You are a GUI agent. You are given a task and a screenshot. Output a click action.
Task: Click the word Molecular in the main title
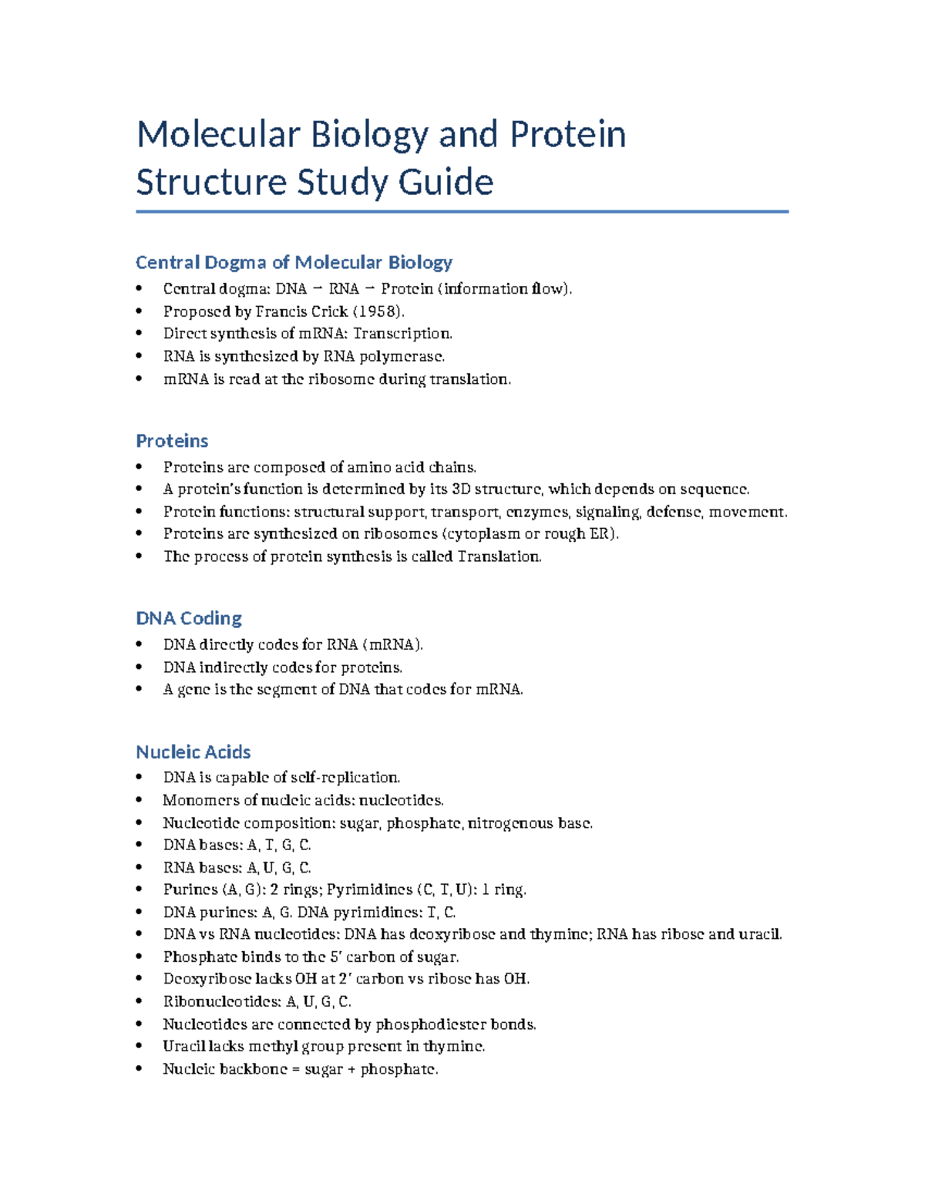point(217,135)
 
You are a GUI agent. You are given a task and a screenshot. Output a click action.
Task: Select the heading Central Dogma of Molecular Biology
point(294,263)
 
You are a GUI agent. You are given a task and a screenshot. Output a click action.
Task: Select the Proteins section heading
point(172,441)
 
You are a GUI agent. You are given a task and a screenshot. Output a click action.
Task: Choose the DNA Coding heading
point(189,618)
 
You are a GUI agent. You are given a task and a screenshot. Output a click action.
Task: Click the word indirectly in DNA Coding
point(224,667)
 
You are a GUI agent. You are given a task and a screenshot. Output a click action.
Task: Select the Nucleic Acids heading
point(193,751)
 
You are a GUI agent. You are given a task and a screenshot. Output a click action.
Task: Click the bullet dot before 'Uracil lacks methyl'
point(139,1047)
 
